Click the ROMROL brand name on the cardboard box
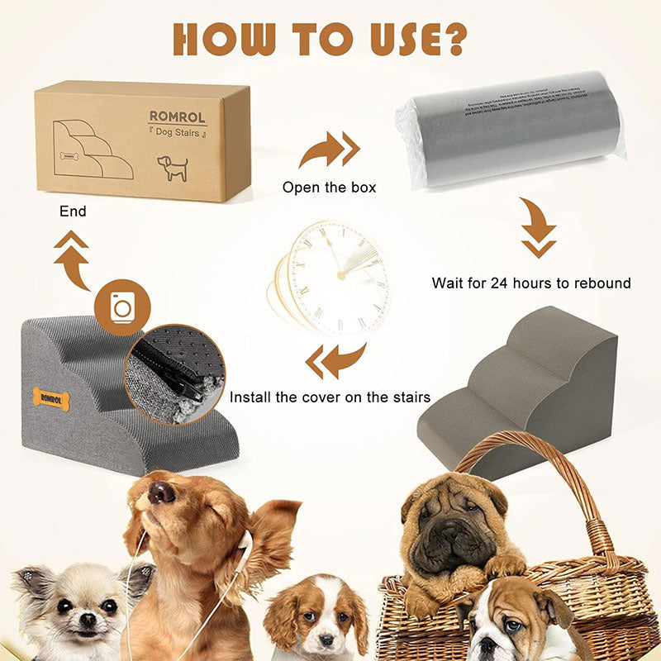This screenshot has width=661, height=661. (177, 117)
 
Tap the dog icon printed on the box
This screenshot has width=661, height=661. (173, 166)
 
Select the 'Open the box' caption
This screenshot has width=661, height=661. (329, 188)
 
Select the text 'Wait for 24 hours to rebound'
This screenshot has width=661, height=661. (531, 283)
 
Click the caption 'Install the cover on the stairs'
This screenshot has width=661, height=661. (330, 397)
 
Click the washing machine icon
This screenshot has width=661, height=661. (122, 307)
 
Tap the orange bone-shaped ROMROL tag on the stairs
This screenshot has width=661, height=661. (51, 398)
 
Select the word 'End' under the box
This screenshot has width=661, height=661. (73, 212)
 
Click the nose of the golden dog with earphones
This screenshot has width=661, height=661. (161, 492)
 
